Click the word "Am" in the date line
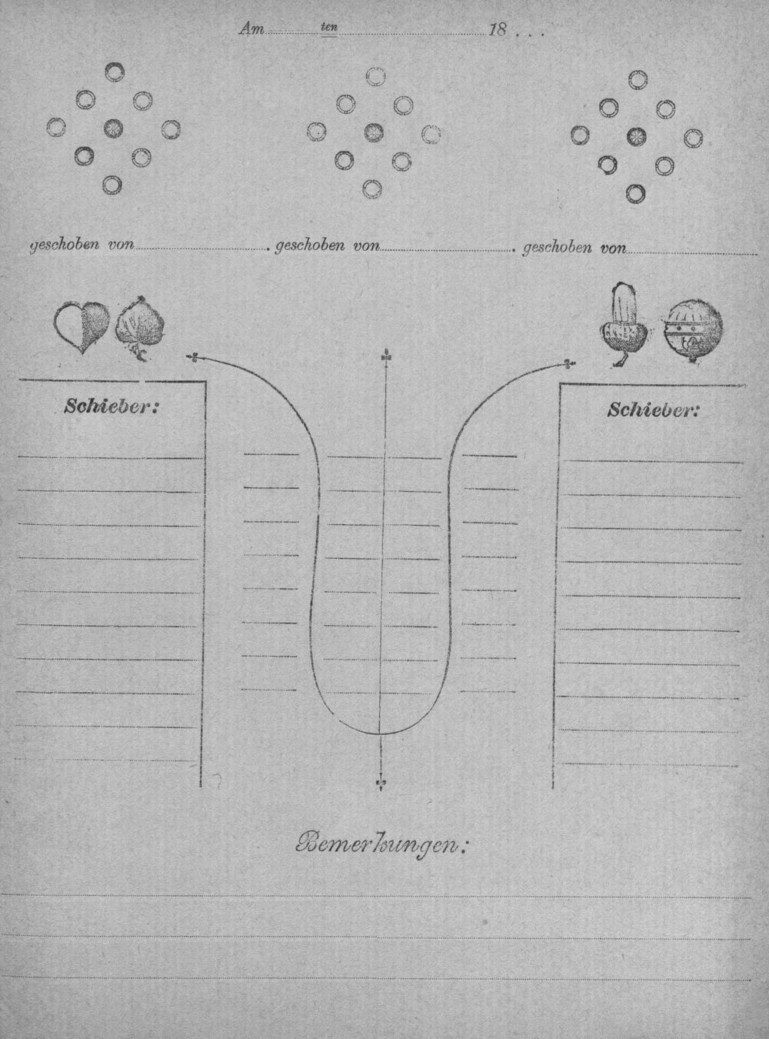pyautogui.click(x=251, y=29)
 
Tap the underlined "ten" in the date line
pyautogui.click(x=329, y=28)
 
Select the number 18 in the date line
pyautogui.click(x=498, y=31)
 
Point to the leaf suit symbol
pyautogui.click(x=139, y=328)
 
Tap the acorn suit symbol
pyautogui.click(x=624, y=325)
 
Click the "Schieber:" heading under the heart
pyautogui.click(x=110, y=406)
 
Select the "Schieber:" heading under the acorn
pyautogui.click(x=653, y=410)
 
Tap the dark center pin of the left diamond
pyautogui.click(x=113, y=127)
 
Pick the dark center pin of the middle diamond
pyautogui.click(x=373, y=132)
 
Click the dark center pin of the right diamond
pyautogui.click(x=636, y=136)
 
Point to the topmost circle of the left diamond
pyautogui.click(x=115, y=72)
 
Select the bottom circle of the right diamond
pyautogui.click(x=635, y=193)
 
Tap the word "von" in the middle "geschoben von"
pyautogui.click(x=367, y=246)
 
